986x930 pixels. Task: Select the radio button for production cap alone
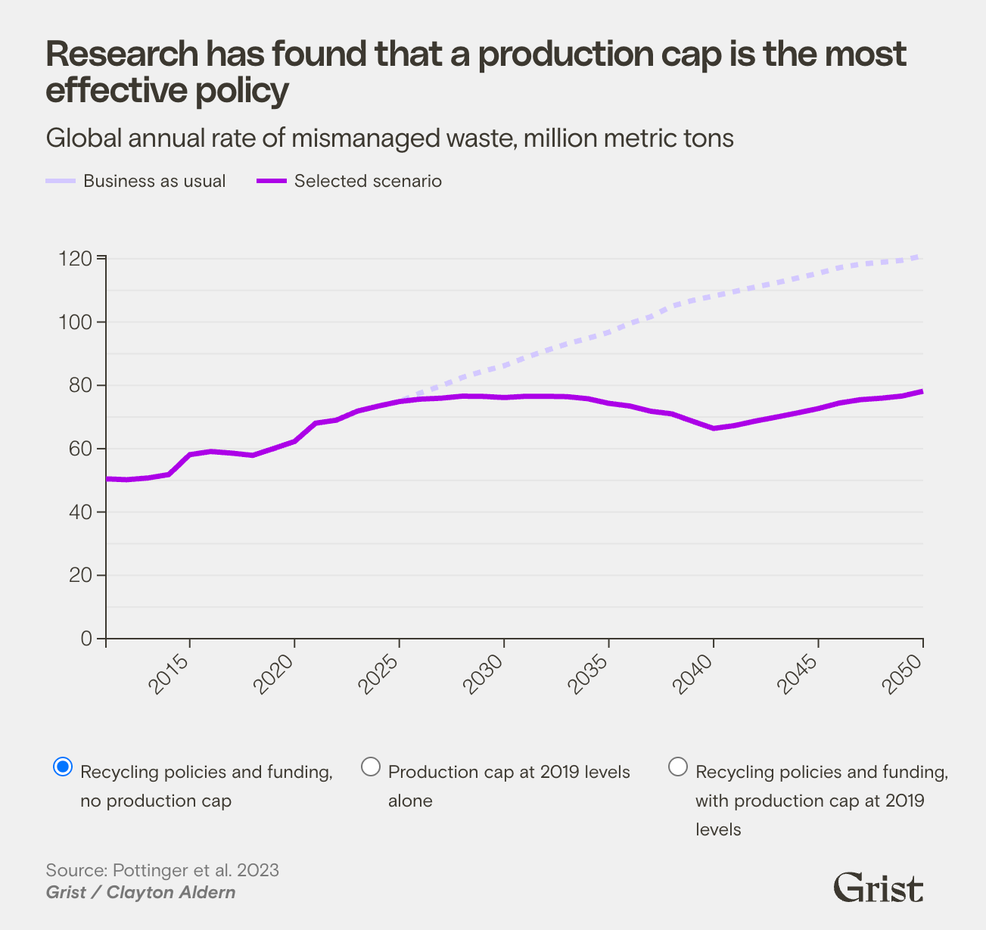tap(371, 767)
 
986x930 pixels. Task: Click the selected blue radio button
tap(64, 767)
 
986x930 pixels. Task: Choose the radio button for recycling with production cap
tap(679, 767)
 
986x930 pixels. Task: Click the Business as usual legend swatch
tap(61, 182)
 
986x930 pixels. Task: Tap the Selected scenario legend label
tap(368, 182)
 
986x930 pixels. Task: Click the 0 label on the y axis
tap(86, 639)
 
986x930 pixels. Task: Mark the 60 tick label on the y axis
tap(76, 449)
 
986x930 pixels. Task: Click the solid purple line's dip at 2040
tap(713, 428)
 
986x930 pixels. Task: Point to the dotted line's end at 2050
tap(921, 257)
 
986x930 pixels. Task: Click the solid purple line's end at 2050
tap(921, 391)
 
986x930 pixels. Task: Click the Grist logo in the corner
tap(878, 887)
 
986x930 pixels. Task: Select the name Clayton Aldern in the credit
tap(171, 892)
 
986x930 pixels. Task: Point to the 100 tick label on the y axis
tap(75, 322)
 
